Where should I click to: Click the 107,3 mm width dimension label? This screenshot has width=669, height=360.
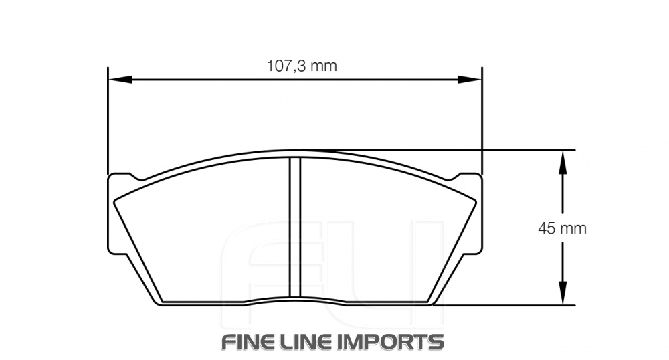coord(302,66)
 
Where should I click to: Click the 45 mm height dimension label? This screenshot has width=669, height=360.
coord(562,228)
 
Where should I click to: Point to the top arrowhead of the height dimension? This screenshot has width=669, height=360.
coord(563,160)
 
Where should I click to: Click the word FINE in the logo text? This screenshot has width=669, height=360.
coord(254,341)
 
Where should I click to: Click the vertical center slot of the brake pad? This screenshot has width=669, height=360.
coord(294,228)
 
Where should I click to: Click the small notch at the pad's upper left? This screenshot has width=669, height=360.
coord(136,178)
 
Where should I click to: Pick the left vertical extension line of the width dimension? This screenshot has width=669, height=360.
coord(108,120)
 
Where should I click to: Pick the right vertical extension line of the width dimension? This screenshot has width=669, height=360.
coord(482,120)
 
